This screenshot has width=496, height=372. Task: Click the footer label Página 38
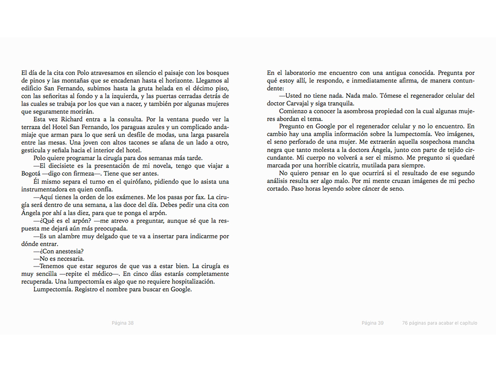point(123,323)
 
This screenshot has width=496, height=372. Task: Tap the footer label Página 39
point(372,323)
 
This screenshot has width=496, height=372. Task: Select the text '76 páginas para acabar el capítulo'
point(439,323)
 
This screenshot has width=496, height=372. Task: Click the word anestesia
point(69,251)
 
